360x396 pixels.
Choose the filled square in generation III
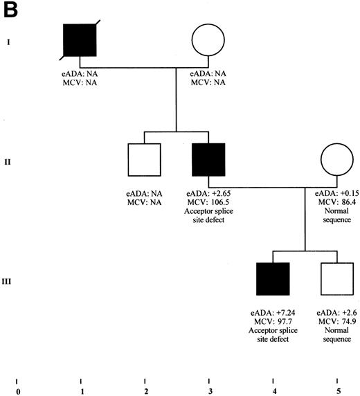click(273, 280)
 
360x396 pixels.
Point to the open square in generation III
click(337, 280)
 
